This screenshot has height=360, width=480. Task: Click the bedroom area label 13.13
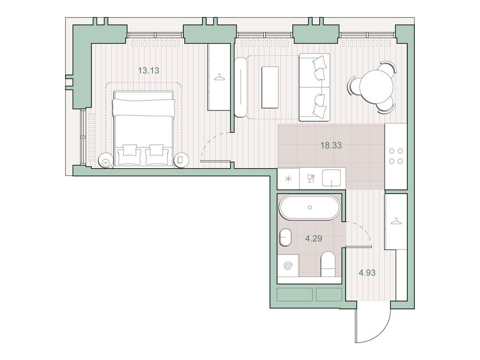149,71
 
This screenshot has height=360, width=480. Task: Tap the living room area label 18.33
330,145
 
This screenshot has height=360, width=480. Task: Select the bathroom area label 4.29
313,238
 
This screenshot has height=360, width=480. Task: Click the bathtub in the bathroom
309,208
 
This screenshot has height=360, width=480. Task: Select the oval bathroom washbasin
285,238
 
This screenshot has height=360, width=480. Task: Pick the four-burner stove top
395,156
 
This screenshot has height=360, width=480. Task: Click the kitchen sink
333,178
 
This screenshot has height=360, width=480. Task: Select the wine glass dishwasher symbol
310,178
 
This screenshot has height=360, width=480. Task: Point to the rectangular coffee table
270,87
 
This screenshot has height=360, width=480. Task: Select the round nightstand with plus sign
106,160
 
